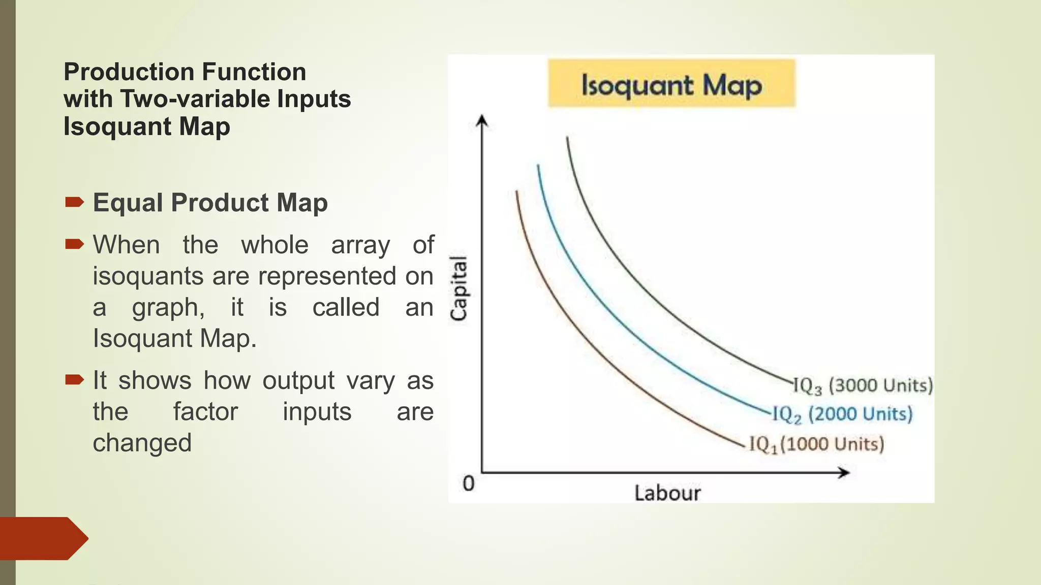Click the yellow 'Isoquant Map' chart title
coord(671,84)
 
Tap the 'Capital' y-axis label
coord(459,288)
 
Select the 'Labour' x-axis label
coord(667,493)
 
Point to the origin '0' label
coord(468,483)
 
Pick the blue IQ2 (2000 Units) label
coord(842,414)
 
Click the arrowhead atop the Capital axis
coord(482,121)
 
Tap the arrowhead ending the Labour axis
coord(844,473)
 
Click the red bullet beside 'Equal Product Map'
coord(74,203)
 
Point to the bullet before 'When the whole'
coord(74,245)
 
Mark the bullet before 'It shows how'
coord(74,380)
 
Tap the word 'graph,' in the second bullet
coord(168,308)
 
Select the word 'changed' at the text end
coord(142,443)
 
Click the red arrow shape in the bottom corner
coord(43,538)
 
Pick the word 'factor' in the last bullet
coord(205,411)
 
